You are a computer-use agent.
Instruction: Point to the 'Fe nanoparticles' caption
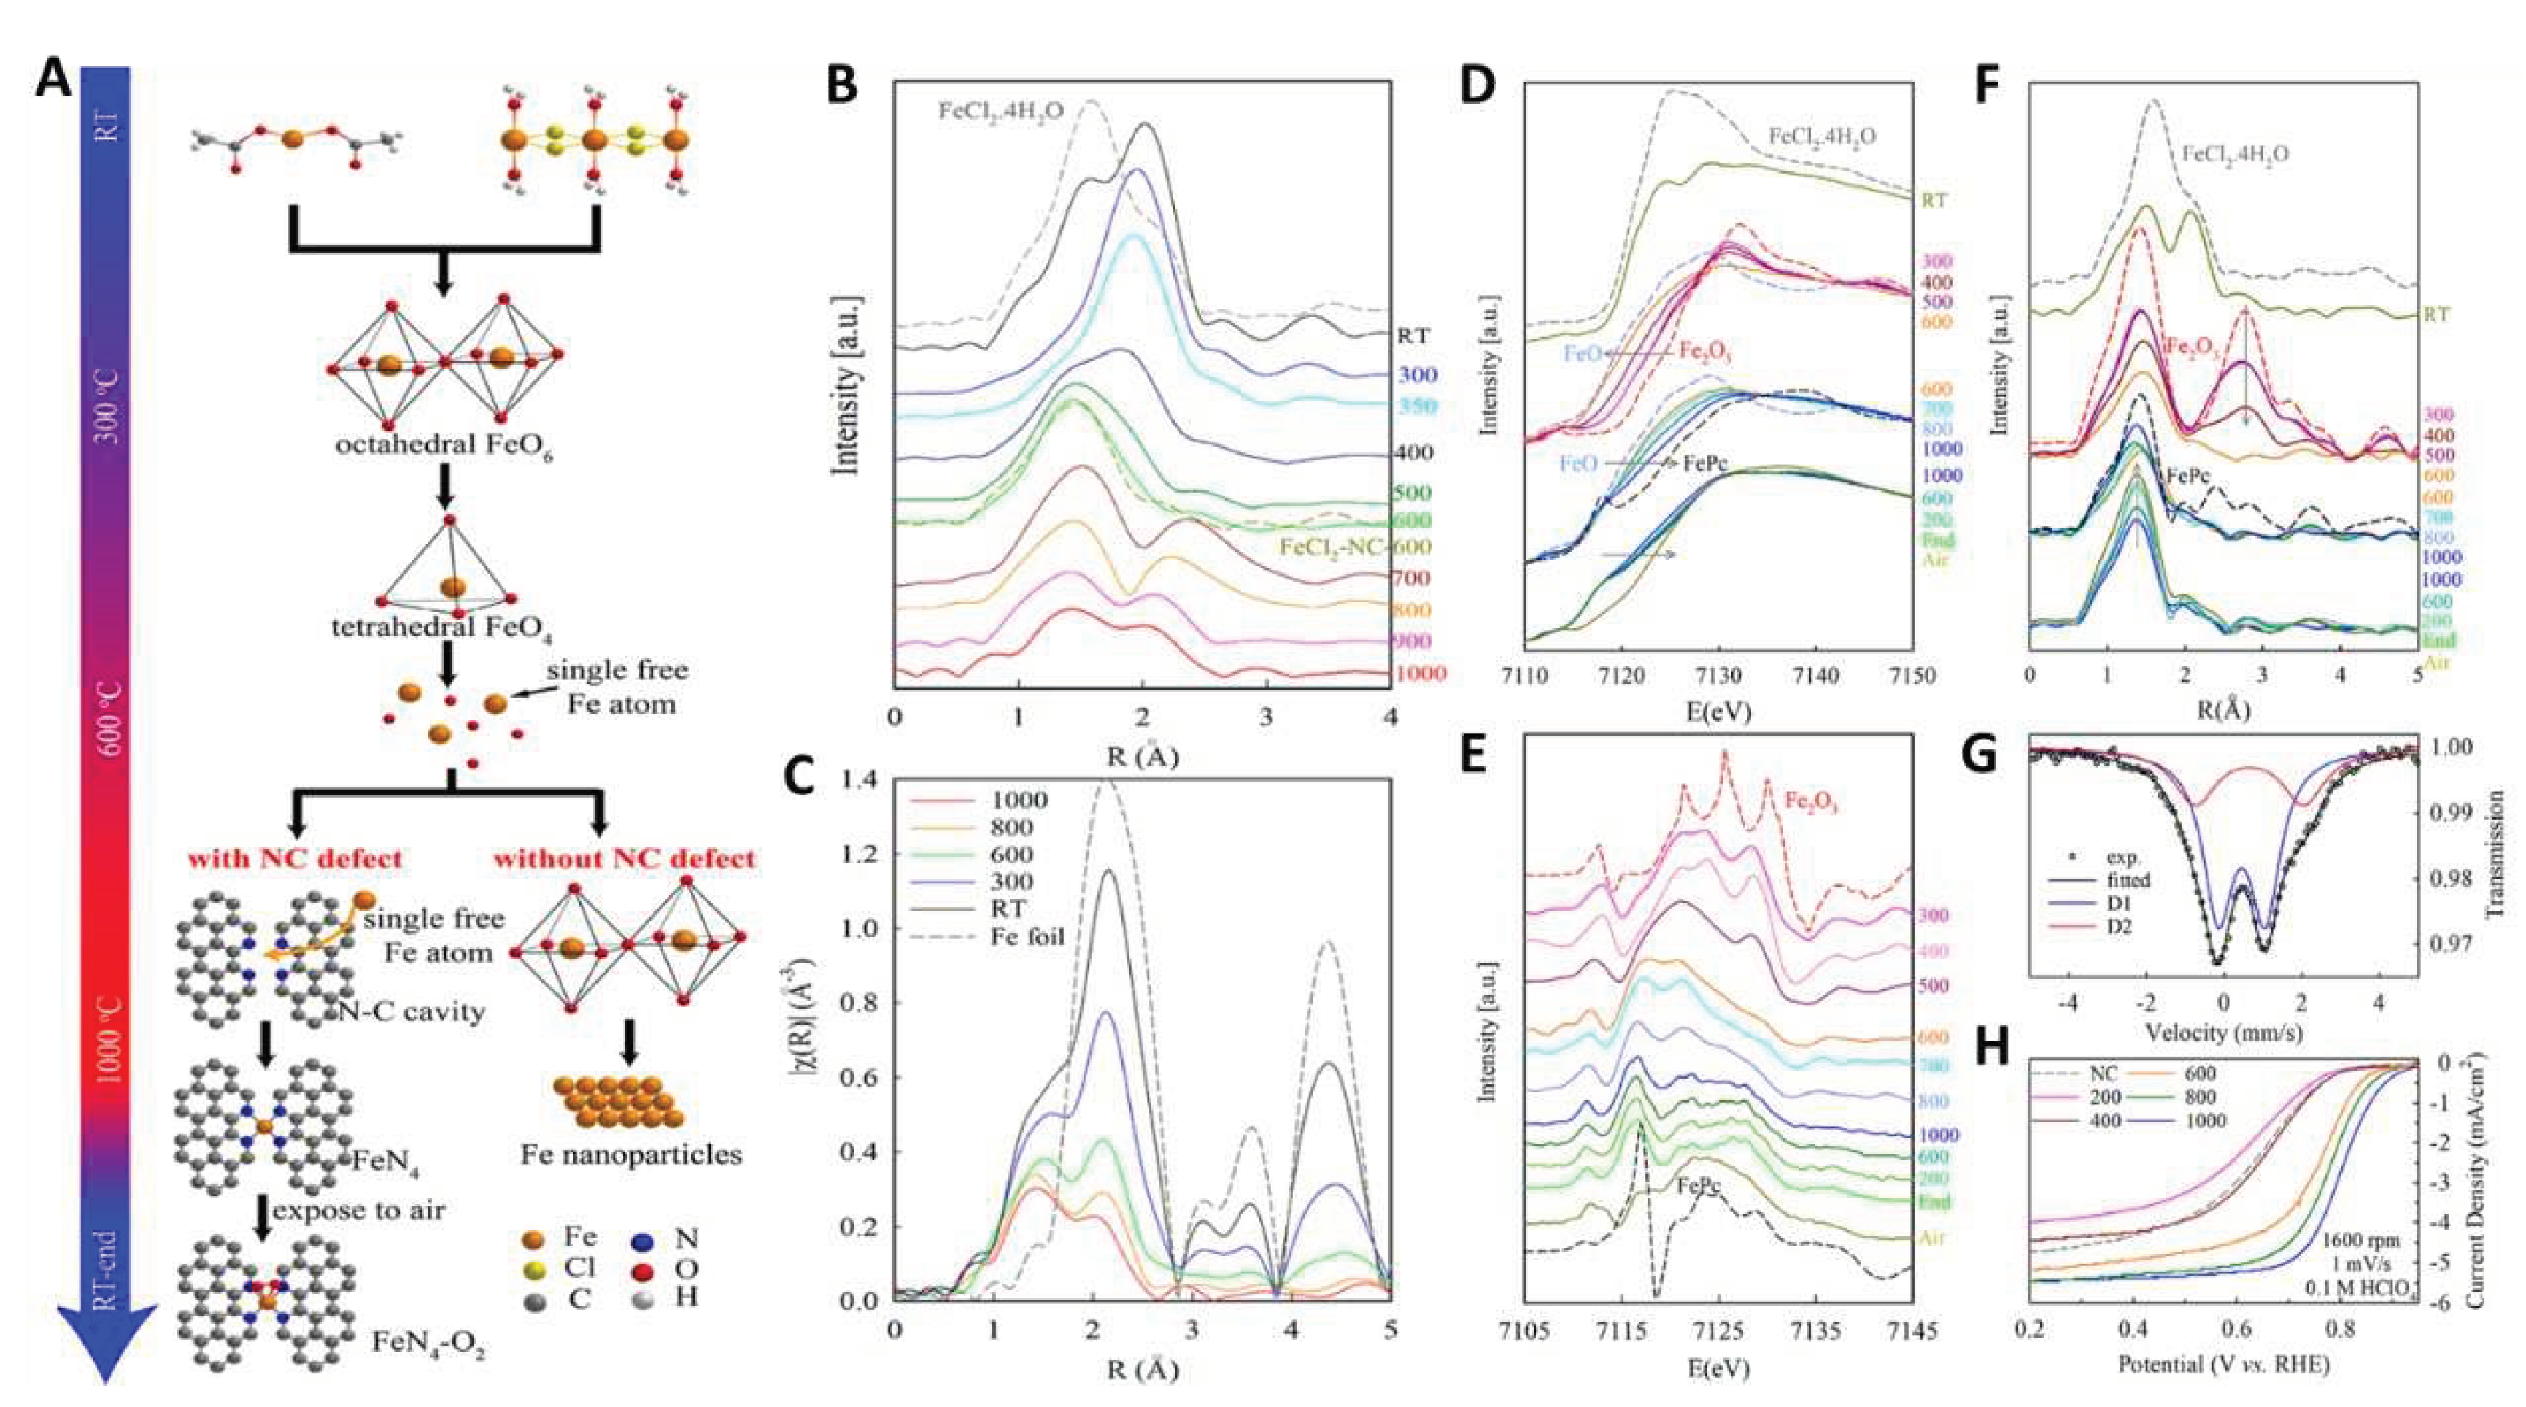pyautogui.click(x=630, y=1155)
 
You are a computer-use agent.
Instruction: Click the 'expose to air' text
pyautogui.click(x=359, y=1210)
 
